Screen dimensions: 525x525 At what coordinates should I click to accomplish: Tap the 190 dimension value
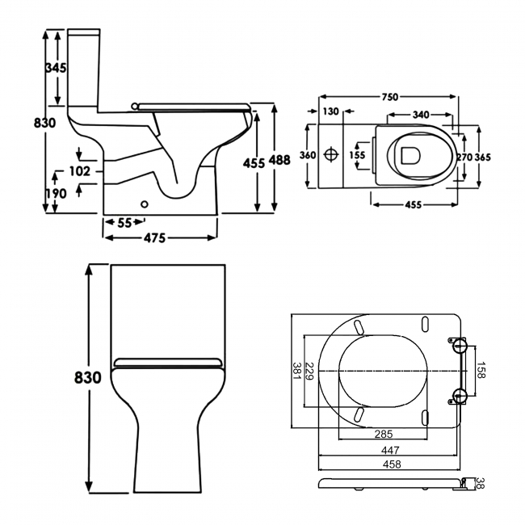point(55,194)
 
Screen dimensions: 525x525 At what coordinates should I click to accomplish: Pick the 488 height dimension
point(279,160)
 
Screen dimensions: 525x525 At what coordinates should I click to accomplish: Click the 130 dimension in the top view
point(330,112)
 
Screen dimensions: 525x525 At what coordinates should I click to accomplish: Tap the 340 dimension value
point(421,115)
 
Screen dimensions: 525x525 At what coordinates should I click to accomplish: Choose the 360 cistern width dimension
point(308,155)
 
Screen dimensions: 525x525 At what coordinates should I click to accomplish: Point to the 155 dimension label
point(357,155)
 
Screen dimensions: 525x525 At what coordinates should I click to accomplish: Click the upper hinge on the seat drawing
point(459,346)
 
